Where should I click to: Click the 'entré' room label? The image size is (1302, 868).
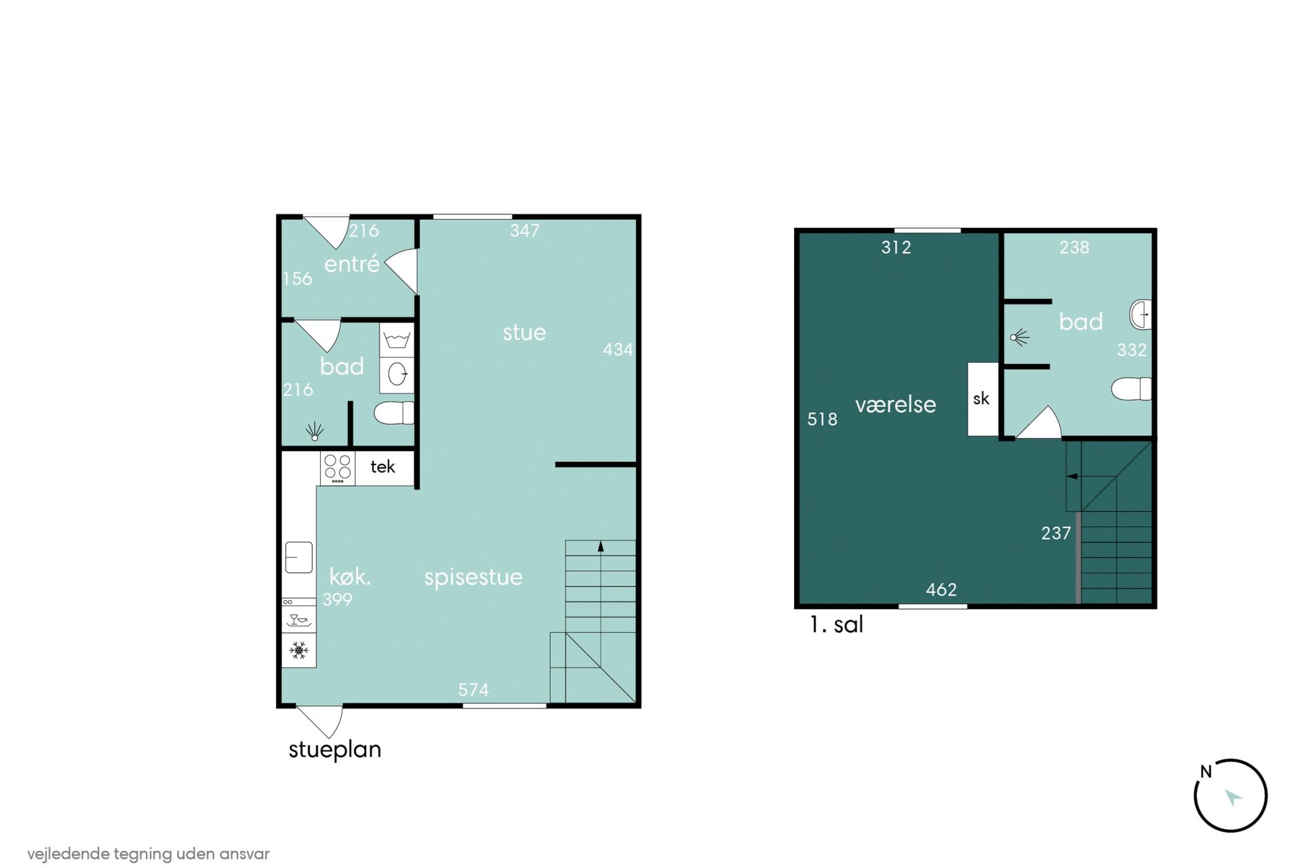click(x=351, y=264)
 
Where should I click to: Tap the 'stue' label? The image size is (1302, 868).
click(x=524, y=332)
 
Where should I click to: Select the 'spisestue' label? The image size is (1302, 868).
click(x=473, y=577)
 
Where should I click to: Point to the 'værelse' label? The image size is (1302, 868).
click(x=895, y=405)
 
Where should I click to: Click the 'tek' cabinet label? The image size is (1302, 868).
click(x=382, y=467)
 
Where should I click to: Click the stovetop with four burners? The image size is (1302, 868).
click(x=338, y=468)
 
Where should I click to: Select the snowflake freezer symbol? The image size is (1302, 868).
click(x=298, y=650)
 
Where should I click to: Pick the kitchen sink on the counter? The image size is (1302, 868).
click(x=299, y=557)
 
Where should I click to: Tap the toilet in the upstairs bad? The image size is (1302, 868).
click(x=1131, y=389)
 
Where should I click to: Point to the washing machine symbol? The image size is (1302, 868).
click(x=397, y=340)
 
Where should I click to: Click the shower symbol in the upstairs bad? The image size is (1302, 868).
click(x=1019, y=336)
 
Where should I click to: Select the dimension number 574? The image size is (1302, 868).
click(x=473, y=690)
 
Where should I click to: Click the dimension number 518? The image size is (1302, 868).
click(x=822, y=419)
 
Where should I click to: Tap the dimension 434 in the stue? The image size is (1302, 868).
click(x=618, y=350)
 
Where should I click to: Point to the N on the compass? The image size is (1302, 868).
click(x=1206, y=772)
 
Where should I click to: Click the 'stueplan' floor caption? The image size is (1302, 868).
click(x=335, y=750)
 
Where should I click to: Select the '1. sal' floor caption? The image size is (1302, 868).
click(x=836, y=625)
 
